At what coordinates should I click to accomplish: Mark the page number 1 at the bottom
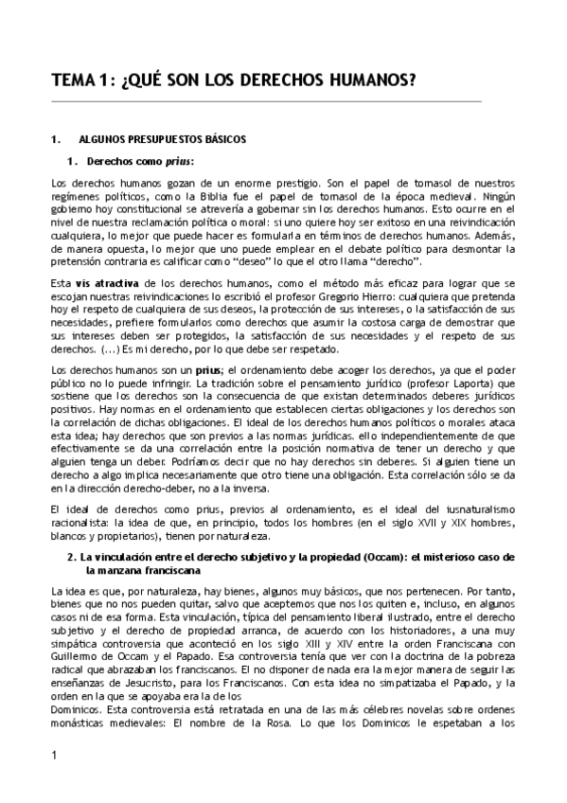[x=55, y=781]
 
